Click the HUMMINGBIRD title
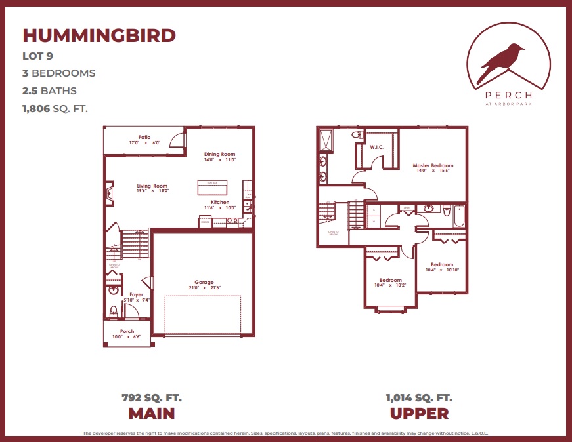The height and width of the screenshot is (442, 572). [99, 35]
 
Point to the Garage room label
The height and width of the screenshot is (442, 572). [204, 283]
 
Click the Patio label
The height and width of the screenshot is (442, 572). [135, 137]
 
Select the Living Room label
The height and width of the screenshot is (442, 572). [152, 186]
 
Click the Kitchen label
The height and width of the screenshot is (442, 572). [220, 202]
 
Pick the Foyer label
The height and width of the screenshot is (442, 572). [136, 295]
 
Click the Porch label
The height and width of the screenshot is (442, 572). [127, 331]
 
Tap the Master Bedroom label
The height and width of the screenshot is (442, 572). [433, 165]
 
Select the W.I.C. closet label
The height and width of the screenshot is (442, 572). [377, 147]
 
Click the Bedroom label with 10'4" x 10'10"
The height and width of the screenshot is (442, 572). [441, 264]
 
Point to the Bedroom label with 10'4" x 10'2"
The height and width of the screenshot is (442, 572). [390, 280]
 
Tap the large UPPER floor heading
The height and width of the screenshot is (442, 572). [419, 413]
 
